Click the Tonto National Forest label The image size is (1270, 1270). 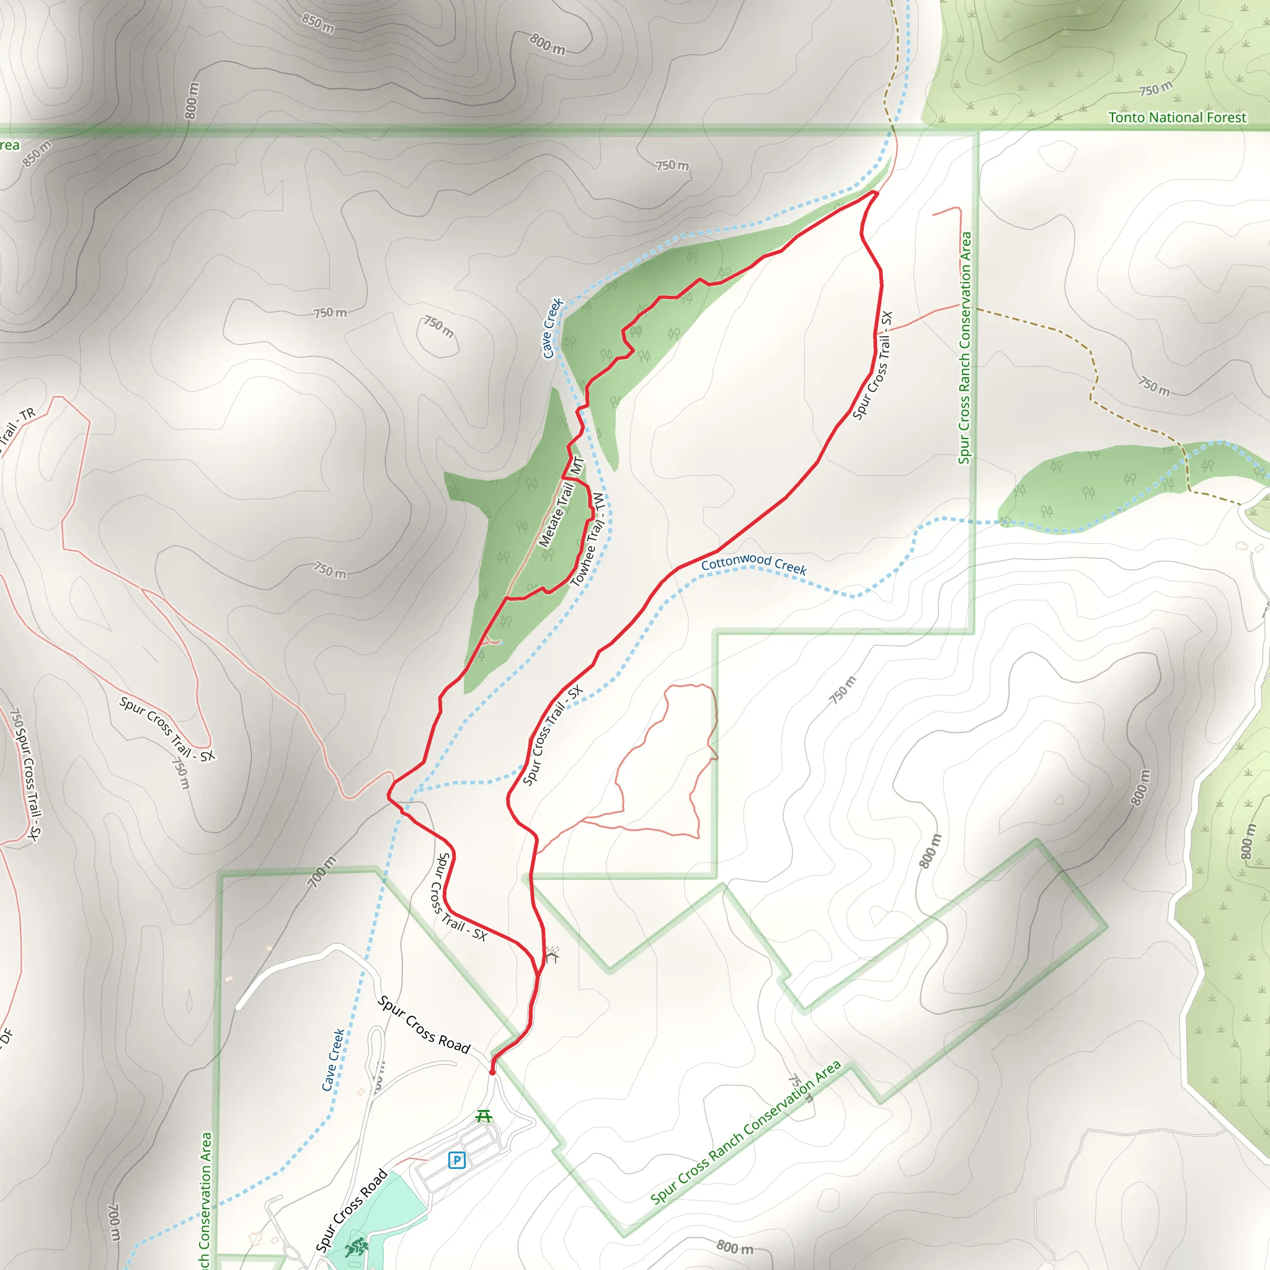point(1176,118)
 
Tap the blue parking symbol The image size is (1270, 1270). point(457,1160)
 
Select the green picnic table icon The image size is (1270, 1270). point(484,1116)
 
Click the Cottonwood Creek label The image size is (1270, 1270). point(753,563)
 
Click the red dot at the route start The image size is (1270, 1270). point(492,1072)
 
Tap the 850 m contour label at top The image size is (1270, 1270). point(318,23)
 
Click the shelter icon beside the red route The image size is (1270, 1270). point(552,954)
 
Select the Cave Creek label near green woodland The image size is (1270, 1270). point(552,328)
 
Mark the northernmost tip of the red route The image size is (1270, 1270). point(875,192)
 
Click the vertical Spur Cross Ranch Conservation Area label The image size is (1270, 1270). point(964,349)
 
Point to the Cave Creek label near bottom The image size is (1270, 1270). point(333,1060)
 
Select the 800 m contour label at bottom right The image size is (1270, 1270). point(735,1246)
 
